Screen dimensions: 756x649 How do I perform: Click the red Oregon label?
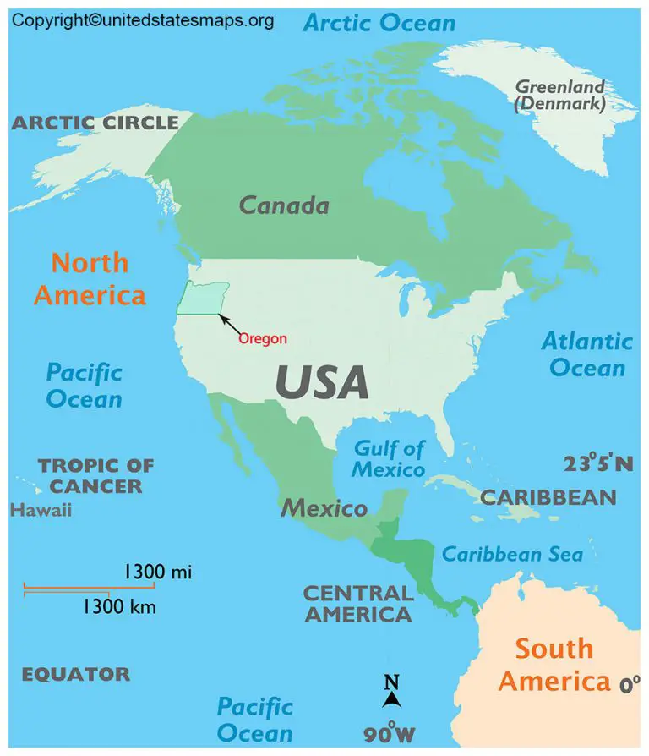pyautogui.click(x=263, y=338)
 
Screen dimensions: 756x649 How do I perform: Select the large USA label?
pyautogui.click(x=322, y=382)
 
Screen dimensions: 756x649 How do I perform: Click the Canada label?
pyautogui.click(x=284, y=205)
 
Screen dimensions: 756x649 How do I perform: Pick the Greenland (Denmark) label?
pyautogui.click(x=560, y=96)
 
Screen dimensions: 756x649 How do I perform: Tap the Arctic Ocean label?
pyautogui.click(x=379, y=23)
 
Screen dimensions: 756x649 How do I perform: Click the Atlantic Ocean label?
pyautogui.click(x=587, y=354)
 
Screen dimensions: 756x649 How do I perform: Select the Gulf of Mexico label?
pyautogui.click(x=389, y=458)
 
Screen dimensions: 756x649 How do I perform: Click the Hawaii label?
pyautogui.click(x=41, y=510)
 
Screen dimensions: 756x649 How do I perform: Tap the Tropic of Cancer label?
pyautogui.click(x=95, y=475)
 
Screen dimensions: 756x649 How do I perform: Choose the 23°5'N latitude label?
pyautogui.click(x=598, y=463)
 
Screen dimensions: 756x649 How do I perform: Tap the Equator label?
pyautogui.click(x=76, y=674)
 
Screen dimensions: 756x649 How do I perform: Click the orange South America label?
pyautogui.click(x=554, y=665)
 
